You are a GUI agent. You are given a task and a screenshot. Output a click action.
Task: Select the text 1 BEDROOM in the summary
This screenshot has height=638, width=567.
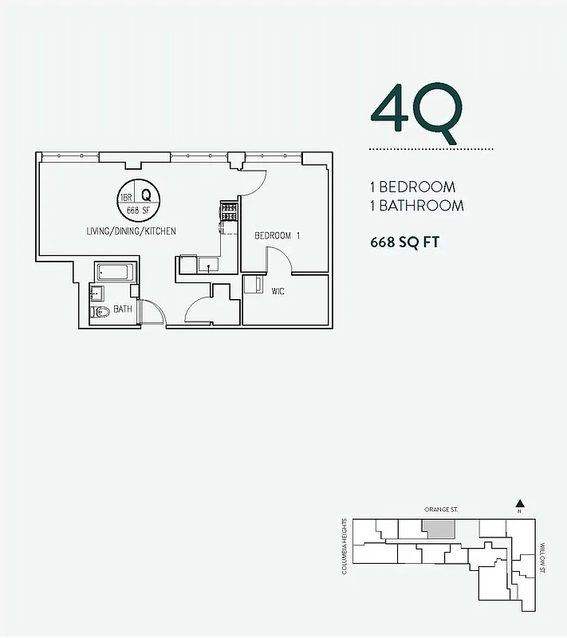click(412, 187)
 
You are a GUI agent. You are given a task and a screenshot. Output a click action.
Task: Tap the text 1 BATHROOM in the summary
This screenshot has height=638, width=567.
click(416, 206)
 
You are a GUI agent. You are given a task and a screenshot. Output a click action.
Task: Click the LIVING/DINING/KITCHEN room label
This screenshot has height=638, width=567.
click(132, 231)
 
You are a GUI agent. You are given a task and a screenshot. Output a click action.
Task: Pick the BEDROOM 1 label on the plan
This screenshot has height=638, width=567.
click(277, 236)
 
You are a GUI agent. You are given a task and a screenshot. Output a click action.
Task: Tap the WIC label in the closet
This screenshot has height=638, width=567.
click(278, 292)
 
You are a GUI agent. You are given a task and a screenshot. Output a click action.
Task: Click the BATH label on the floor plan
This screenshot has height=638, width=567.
click(122, 309)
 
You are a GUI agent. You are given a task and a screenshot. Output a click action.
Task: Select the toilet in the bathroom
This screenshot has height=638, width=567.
click(100, 312)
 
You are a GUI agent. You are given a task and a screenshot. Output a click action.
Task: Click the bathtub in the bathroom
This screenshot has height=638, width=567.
click(116, 272)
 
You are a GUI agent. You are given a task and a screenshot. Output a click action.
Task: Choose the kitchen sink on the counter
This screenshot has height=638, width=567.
click(209, 266)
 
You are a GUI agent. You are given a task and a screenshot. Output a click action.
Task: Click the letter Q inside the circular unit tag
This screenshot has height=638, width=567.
click(147, 194)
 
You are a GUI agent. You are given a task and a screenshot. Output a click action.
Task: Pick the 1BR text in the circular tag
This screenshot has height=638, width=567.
click(125, 196)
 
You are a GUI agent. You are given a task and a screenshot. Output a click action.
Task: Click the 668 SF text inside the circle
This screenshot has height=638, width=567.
click(138, 211)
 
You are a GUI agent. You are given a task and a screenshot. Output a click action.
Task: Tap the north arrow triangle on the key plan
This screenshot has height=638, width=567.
click(519, 503)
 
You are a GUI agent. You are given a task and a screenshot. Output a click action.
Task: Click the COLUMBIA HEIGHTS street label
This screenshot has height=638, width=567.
click(345, 546)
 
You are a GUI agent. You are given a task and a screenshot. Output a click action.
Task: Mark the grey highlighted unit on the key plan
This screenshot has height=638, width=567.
click(438, 529)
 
